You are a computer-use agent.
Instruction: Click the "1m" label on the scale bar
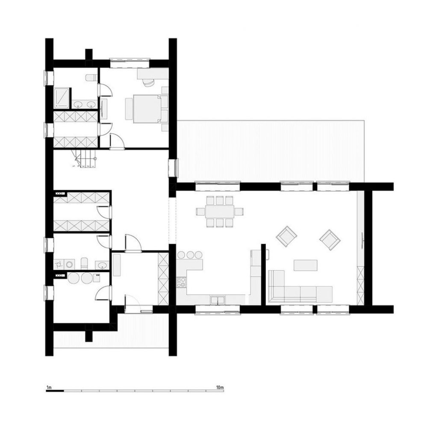click(49, 388)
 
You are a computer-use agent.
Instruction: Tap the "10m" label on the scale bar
click(220, 388)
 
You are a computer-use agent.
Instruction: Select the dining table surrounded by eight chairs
click(220, 212)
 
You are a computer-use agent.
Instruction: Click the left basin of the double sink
click(79, 104)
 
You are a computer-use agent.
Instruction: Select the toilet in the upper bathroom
click(91, 78)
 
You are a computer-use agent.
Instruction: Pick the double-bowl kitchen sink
click(218, 300)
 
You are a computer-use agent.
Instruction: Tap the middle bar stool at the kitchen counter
click(190, 255)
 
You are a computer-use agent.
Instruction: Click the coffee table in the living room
click(306, 265)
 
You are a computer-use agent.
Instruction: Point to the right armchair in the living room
click(330, 240)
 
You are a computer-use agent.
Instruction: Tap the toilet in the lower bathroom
click(84, 263)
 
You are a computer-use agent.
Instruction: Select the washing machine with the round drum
click(70, 264)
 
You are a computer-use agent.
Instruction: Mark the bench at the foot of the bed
click(128, 109)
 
